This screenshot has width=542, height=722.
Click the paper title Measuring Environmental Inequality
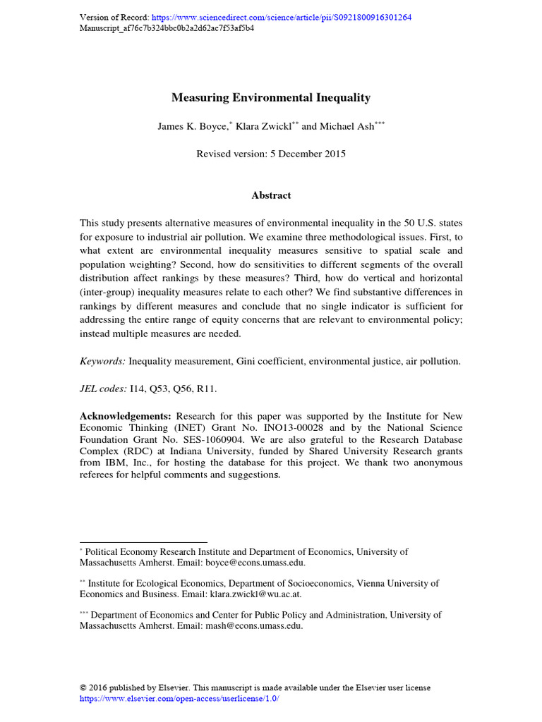coord(270,98)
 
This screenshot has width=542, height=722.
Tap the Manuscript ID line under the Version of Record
coord(167,29)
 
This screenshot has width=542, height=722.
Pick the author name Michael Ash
coord(347,126)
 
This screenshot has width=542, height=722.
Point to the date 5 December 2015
coord(308,154)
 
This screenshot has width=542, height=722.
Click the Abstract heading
coord(271,195)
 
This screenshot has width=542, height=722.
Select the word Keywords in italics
coord(102,361)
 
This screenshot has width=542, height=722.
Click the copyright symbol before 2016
coord(83,687)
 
